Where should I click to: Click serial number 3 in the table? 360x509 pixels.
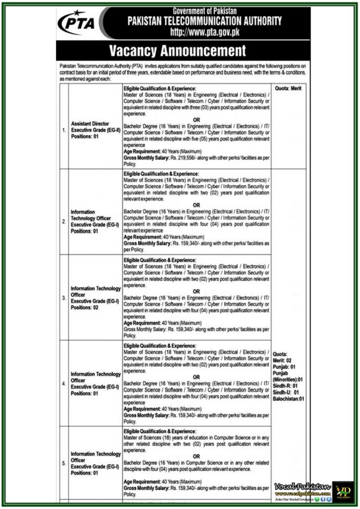(64, 298)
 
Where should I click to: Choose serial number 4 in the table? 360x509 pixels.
(64, 384)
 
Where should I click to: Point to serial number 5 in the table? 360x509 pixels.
(64, 463)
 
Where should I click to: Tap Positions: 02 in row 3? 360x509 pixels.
(85, 308)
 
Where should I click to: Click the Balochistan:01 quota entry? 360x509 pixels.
(288, 399)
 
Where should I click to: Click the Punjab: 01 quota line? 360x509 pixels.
(284, 366)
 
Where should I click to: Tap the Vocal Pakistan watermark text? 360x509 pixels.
(302, 486)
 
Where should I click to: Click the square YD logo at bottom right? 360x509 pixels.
(343, 491)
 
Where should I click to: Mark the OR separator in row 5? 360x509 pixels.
(196, 456)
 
